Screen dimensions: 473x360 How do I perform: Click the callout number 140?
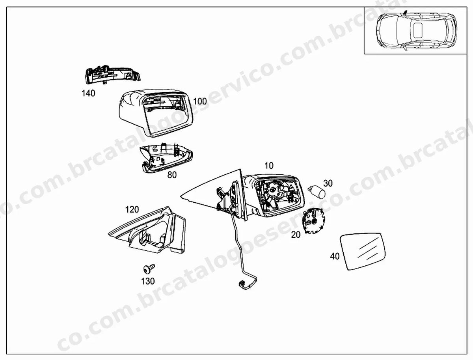[88, 93]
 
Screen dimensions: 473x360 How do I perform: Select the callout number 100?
[200, 101]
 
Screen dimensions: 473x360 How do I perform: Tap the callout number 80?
[172, 175]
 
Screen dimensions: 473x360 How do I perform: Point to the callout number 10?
[269, 166]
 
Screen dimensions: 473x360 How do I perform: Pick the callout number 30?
[328, 183]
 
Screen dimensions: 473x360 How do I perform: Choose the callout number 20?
[296, 235]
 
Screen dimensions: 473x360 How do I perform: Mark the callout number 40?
[335, 256]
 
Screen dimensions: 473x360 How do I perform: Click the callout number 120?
[132, 209]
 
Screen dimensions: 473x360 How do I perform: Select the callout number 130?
[148, 281]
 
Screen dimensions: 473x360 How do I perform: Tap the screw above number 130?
[149, 268]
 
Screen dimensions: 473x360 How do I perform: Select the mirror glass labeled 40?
[363, 251]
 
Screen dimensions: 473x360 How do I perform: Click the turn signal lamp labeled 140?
[113, 75]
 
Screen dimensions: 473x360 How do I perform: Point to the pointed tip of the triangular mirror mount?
[181, 196]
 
